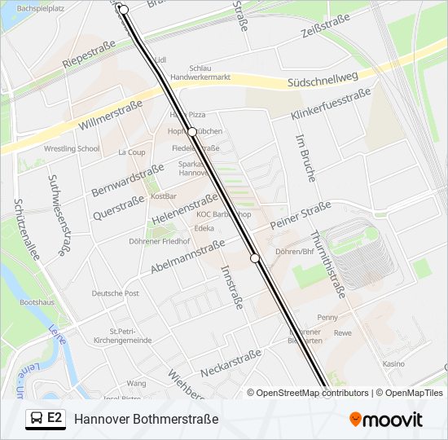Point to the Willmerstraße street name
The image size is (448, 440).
pos(111,114)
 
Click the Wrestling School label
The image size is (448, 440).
pos(72,149)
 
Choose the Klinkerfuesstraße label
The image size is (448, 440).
pos(331,103)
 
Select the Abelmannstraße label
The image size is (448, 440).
pos(187,256)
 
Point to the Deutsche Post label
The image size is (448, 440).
pos(115,293)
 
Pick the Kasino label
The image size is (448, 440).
pos(393,364)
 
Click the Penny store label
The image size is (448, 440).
pos(327,317)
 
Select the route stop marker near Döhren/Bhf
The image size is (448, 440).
pos(255,258)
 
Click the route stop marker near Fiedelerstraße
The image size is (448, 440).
pos(192,131)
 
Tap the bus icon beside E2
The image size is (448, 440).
pos(36,419)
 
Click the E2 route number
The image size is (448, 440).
pos(55,418)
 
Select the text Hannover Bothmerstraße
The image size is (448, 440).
pos(147,419)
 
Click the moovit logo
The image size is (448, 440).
pos(386,420)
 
